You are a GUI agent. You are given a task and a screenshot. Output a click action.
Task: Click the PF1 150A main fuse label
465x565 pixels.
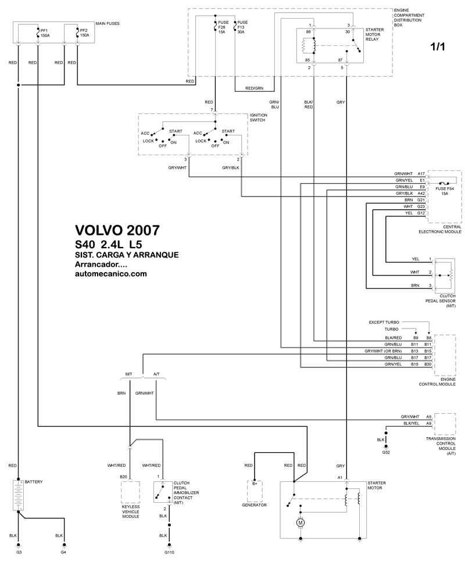(x=45, y=32)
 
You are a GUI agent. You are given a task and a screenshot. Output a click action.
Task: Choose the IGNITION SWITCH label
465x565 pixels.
(x=258, y=118)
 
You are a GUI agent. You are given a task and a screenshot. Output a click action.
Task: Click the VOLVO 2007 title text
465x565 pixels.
(x=116, y=230)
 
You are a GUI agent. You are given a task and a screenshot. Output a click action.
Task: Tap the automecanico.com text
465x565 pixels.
(x=110, y=274)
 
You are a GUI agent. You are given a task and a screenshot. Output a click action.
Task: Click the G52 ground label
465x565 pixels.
(x=386, y=452)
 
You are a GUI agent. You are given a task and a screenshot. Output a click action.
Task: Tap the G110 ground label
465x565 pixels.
(x=170, y=553)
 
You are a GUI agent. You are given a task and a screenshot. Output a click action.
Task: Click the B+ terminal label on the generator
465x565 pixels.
(x=255, y=483)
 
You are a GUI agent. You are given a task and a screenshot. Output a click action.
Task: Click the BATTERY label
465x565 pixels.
(x=34, y=482)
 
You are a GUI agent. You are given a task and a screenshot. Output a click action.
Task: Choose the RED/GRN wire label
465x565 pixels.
(x=255, y=88)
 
